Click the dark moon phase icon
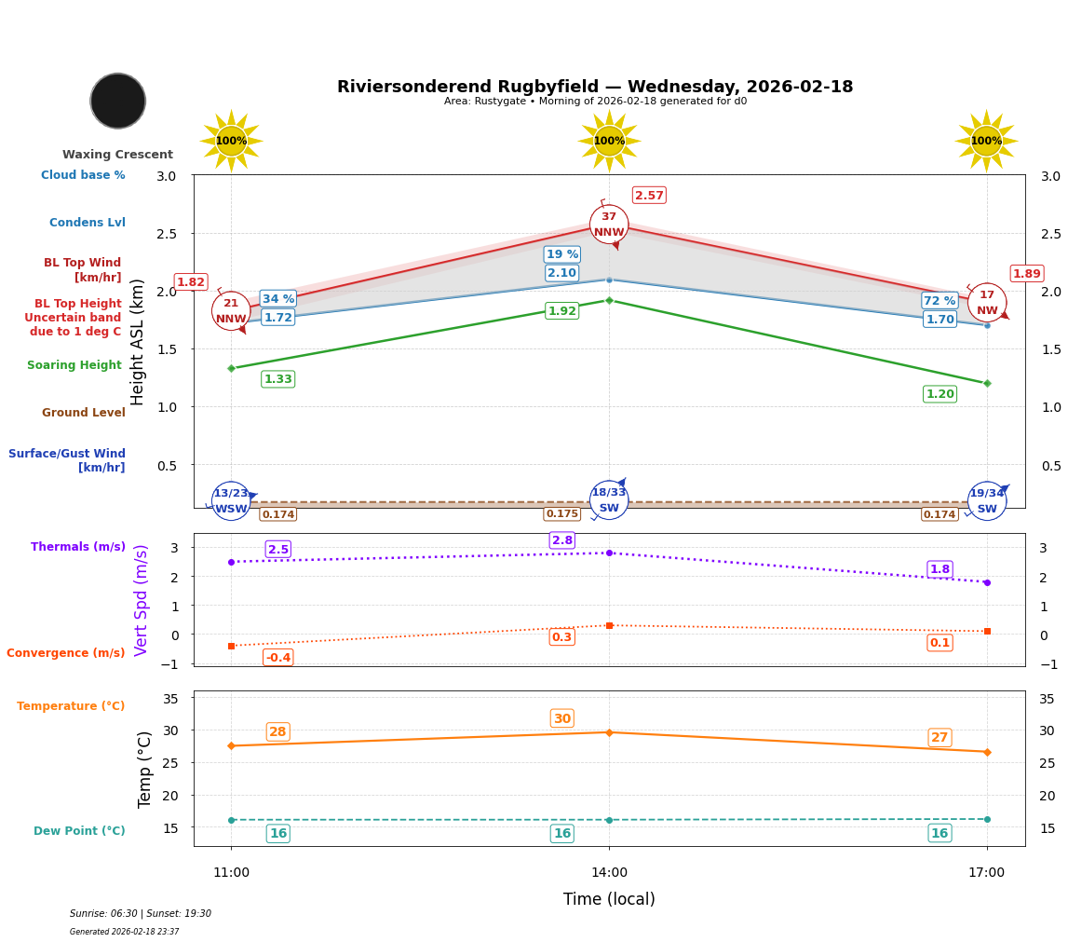coord(118,101)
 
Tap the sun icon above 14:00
coord(609,141)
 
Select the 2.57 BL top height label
coord(649,195)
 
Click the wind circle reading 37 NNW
coord(609,225)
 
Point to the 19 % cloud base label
coord(562,254)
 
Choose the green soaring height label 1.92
coord(562,311)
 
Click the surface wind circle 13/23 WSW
coord(231,501)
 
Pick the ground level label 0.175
coord(562,514)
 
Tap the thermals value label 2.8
coord(562,540)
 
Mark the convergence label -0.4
coord(277,658)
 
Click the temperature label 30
coord(562,718)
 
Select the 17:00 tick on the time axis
coord(986,873)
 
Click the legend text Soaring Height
coord(74,365)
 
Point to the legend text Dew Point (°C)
coord(79,831)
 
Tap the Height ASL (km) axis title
coord(138,342)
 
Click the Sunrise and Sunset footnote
coord(141,914)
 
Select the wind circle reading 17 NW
coord(987,303)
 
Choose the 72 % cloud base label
coord(940,301)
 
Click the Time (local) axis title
coord(609,899)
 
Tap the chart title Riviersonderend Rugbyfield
coord(595,87)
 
